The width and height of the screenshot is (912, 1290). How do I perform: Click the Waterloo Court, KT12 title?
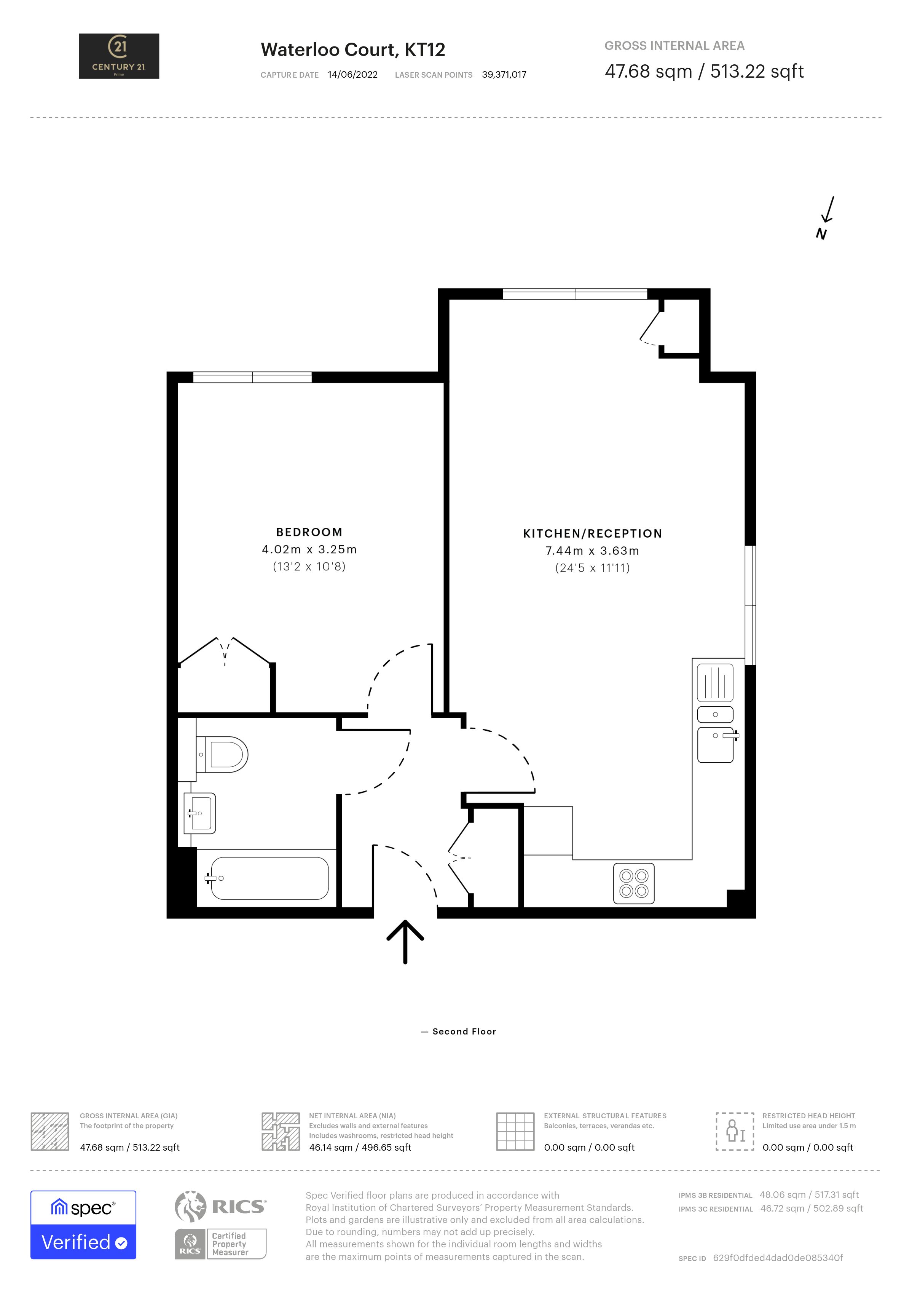(x=353, y=49)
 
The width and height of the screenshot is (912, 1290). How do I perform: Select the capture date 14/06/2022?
(x=353, y=75)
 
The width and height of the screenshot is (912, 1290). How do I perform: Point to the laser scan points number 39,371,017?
(x=504, y=75)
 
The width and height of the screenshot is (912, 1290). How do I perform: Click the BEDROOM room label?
(x=309, y=532)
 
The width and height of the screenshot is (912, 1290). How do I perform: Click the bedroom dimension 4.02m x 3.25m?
(x=309, y=549)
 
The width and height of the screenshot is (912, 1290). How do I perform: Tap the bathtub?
(x=268, y=878)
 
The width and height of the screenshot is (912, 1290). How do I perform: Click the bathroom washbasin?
(x=201, y=813)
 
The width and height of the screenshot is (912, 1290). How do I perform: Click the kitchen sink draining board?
(x=715, y=683)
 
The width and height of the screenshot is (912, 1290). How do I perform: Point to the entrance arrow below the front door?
(x=405, y=942)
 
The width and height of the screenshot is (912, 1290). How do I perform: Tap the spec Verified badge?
(x=83, y=1225)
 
